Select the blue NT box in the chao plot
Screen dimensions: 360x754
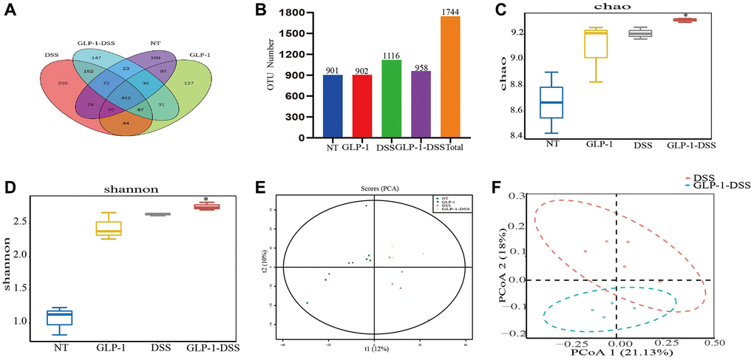551,103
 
